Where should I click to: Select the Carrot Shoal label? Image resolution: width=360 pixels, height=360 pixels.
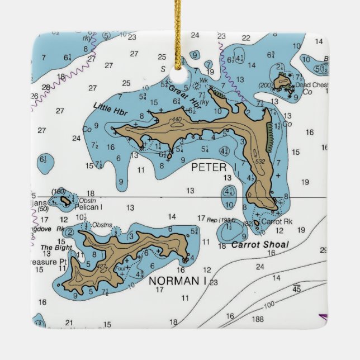260,244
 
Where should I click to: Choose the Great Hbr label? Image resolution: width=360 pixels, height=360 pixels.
180,91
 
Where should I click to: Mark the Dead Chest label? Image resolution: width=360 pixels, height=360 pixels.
307,85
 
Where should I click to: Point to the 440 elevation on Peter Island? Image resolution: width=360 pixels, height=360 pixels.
177,120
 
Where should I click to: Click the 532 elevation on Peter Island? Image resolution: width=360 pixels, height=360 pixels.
259,162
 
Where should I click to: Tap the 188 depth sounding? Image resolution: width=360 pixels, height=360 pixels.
257,319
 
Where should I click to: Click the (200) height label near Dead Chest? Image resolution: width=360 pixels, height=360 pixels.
265,85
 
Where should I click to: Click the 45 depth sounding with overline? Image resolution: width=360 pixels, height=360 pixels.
297,288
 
